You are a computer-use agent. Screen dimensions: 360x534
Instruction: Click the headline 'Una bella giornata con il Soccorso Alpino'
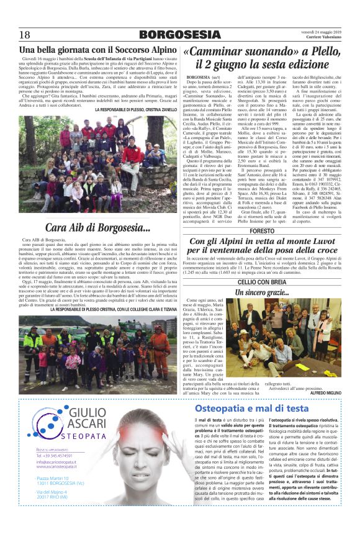point(99,50)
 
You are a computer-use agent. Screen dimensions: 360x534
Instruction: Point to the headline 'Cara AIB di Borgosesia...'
point(98,228)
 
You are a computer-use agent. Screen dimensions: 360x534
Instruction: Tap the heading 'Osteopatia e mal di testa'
point(251,408)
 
